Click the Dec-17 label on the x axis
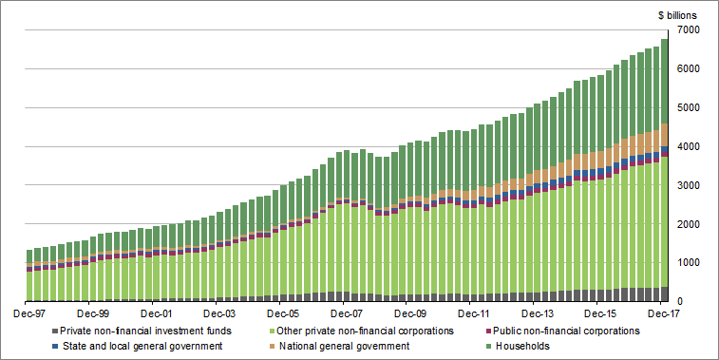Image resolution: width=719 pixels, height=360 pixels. click(664, 313)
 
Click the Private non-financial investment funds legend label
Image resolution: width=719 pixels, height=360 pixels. click(142, 331)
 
